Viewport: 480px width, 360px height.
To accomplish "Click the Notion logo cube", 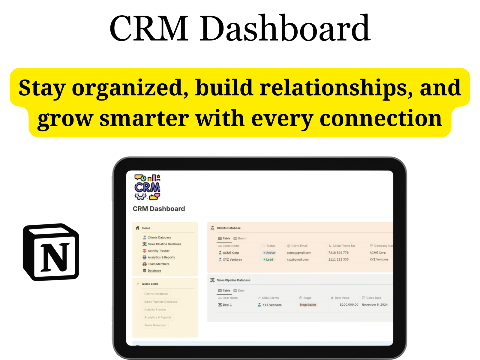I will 51,252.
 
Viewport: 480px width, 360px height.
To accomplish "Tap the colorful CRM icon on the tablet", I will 147,187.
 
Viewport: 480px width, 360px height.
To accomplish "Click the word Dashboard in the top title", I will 285,28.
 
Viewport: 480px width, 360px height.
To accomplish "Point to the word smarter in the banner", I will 144,118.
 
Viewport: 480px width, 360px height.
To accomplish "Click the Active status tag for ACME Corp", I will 269,253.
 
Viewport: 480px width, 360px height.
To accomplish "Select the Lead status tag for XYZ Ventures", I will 268,259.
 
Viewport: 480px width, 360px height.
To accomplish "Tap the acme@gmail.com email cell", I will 299,253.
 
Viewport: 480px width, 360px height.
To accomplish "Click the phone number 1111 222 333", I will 338,259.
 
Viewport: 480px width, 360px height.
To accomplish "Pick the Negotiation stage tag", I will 308,305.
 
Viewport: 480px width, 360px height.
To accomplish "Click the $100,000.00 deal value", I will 349,305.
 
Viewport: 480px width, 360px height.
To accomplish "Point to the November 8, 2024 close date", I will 374,305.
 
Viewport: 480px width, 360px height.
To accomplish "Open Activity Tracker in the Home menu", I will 158,251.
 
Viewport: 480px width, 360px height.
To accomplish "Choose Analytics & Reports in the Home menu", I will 161,257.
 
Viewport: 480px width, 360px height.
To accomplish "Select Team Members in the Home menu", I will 158,264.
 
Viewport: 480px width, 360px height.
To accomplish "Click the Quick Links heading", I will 150,284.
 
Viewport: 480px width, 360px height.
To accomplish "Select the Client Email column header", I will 299,246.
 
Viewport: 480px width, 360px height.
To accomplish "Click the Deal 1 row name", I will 227,305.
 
